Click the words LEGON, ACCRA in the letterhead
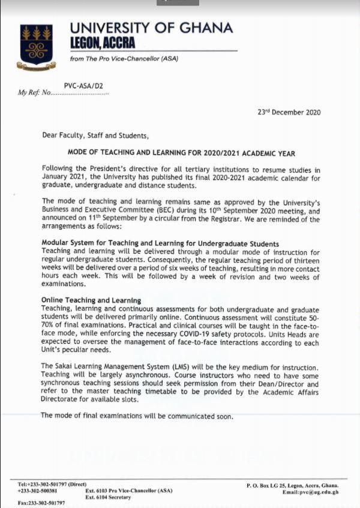click(x=102, y=43)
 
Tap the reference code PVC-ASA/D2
click(x=83, y=86)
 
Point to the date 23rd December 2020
click(x=289, y=112)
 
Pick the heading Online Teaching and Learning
click(x=91, y=299)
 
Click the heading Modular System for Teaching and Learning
click(x=160, y=244)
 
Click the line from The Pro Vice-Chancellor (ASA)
click(x=124, y=58)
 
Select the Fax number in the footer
click(x=41, y=503)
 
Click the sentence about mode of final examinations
click(x=137, y=416)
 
